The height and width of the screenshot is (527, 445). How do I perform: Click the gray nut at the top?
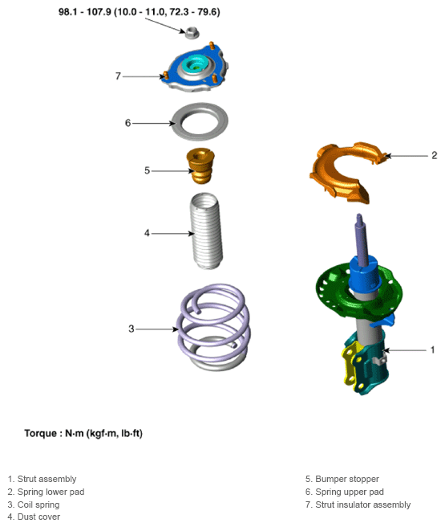coord(192,33)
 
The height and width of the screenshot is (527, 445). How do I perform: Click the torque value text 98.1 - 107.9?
coord(84,12)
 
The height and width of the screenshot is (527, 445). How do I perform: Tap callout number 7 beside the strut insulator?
coord(118,76)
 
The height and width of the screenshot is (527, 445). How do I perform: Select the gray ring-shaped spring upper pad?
coord(200,121)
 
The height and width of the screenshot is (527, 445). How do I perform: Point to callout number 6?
coord(127,123)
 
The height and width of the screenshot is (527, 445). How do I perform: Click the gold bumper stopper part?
coord(200,165)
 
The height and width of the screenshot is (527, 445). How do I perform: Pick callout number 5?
coord(147,171)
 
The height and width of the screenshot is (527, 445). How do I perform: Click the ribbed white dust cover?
coord(207,231)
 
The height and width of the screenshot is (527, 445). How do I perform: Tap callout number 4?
coord(147,233)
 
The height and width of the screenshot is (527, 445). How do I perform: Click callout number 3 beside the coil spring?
coord(131,329)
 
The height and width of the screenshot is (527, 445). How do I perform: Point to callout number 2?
coord(435,155)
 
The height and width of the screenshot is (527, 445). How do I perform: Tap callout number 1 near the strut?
coord(432,350)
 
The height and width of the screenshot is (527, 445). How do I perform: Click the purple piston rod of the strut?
coord(362,238)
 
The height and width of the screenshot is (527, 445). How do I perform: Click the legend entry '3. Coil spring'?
coord(34,505)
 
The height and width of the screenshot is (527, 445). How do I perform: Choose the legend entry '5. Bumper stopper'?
coord(342,479)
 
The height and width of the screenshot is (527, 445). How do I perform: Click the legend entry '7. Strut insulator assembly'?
coord(358,505)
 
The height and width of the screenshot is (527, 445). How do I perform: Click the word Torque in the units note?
coord(40,433)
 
